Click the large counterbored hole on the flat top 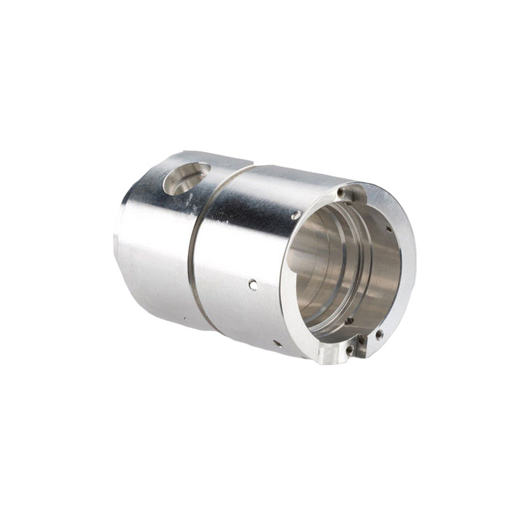pos(186,178)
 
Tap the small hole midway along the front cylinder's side pos(253,285)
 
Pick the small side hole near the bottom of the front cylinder pos(277,343)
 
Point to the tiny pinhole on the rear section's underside pos(184,316)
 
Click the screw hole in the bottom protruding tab pos(349,349)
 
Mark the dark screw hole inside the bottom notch pos(361,340)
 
